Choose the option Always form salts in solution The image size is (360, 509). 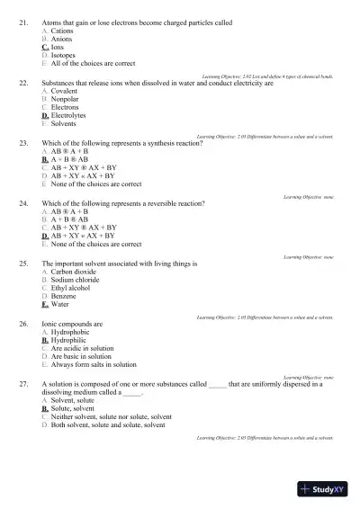coord(94,365)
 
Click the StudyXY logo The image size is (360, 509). coord(324,489)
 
